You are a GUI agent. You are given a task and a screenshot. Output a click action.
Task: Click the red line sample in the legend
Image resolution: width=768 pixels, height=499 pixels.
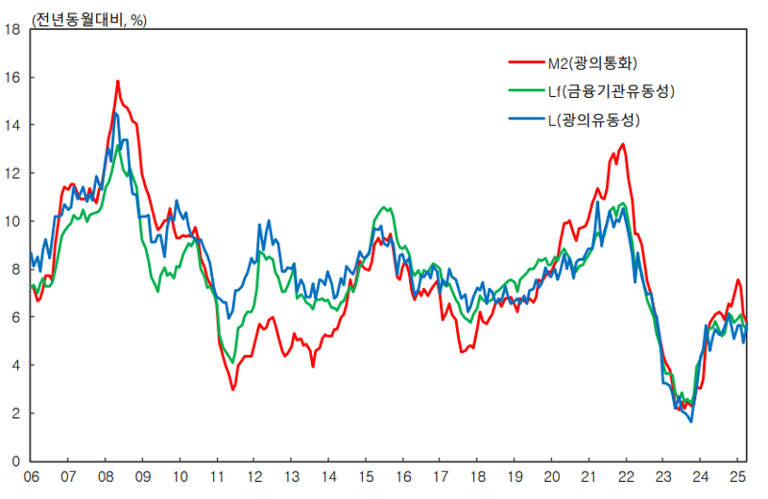click(524, 63)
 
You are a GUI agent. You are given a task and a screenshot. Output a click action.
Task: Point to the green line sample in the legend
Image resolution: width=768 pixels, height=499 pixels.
click(524, 92)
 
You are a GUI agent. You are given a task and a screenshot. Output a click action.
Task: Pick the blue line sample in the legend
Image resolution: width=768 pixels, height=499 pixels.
click(524, 120)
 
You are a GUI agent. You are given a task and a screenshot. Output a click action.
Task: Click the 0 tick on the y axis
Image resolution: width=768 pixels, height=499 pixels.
click(16, 461)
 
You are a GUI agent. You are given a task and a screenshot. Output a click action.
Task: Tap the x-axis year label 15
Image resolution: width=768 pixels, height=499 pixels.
click(366, 476)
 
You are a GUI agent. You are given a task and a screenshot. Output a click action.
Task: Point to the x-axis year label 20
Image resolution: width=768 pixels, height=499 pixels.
click(552, 476)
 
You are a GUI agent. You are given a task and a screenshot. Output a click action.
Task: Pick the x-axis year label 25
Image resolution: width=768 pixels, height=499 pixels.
click(738, 476)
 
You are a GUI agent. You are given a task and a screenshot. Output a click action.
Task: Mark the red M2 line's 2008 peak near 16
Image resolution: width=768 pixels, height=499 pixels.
click(118, 82)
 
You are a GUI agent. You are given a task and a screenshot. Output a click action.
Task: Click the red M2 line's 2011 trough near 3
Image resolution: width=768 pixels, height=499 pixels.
click(232, 389)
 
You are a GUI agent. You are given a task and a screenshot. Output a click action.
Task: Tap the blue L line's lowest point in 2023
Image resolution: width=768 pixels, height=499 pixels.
click(691, 420)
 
